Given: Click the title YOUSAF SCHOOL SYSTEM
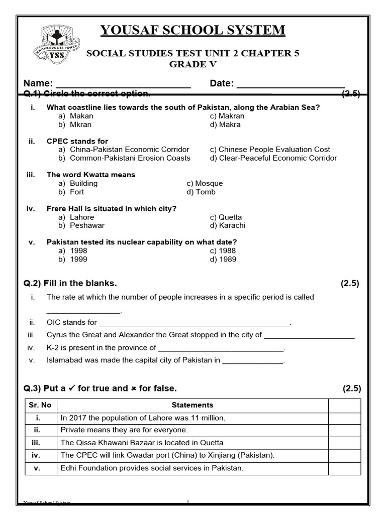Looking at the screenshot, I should (x=192, y=31).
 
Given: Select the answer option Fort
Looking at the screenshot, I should (x=77, y=192).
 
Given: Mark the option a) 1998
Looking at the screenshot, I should (x=75, y=251).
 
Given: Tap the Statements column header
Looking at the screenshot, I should (x=192, y=405).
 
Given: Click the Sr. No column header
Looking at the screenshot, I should (x=41, y=405).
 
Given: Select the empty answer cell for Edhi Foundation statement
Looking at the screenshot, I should (x=344, y=468).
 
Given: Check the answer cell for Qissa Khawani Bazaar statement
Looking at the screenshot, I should (x=344, y=443).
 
